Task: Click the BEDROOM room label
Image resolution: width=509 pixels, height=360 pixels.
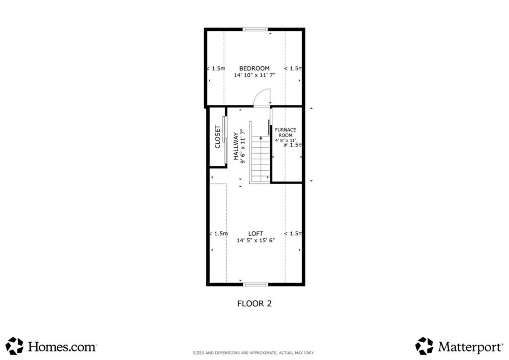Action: [254, 69]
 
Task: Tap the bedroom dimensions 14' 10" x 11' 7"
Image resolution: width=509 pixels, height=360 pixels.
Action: [254, 75]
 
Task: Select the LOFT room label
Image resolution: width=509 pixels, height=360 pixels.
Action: [255, 234]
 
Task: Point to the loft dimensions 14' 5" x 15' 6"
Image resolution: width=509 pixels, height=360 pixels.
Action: [255, 241]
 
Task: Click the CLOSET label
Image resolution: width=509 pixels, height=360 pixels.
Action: [218, 137]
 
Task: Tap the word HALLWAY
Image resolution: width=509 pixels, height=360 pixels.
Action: [236, 146]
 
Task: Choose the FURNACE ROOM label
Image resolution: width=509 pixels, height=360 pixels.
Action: [285, 132]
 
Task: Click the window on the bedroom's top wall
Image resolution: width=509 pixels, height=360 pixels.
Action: [255, 29]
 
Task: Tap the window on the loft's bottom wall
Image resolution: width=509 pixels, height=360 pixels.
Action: [256, 284]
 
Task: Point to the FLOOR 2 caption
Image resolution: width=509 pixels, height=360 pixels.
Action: [254, 304]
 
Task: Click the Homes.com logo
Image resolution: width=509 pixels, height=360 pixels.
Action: [51, 346]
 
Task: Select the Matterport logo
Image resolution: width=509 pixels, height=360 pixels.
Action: [459, 346]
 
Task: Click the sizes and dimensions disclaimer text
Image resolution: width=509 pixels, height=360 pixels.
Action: [254, 353]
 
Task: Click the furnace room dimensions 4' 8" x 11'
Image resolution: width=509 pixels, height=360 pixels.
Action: [286, 141]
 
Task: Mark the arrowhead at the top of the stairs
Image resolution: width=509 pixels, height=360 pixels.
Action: [260, 138]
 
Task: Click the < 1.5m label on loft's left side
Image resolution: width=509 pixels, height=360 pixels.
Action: [219, 234]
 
